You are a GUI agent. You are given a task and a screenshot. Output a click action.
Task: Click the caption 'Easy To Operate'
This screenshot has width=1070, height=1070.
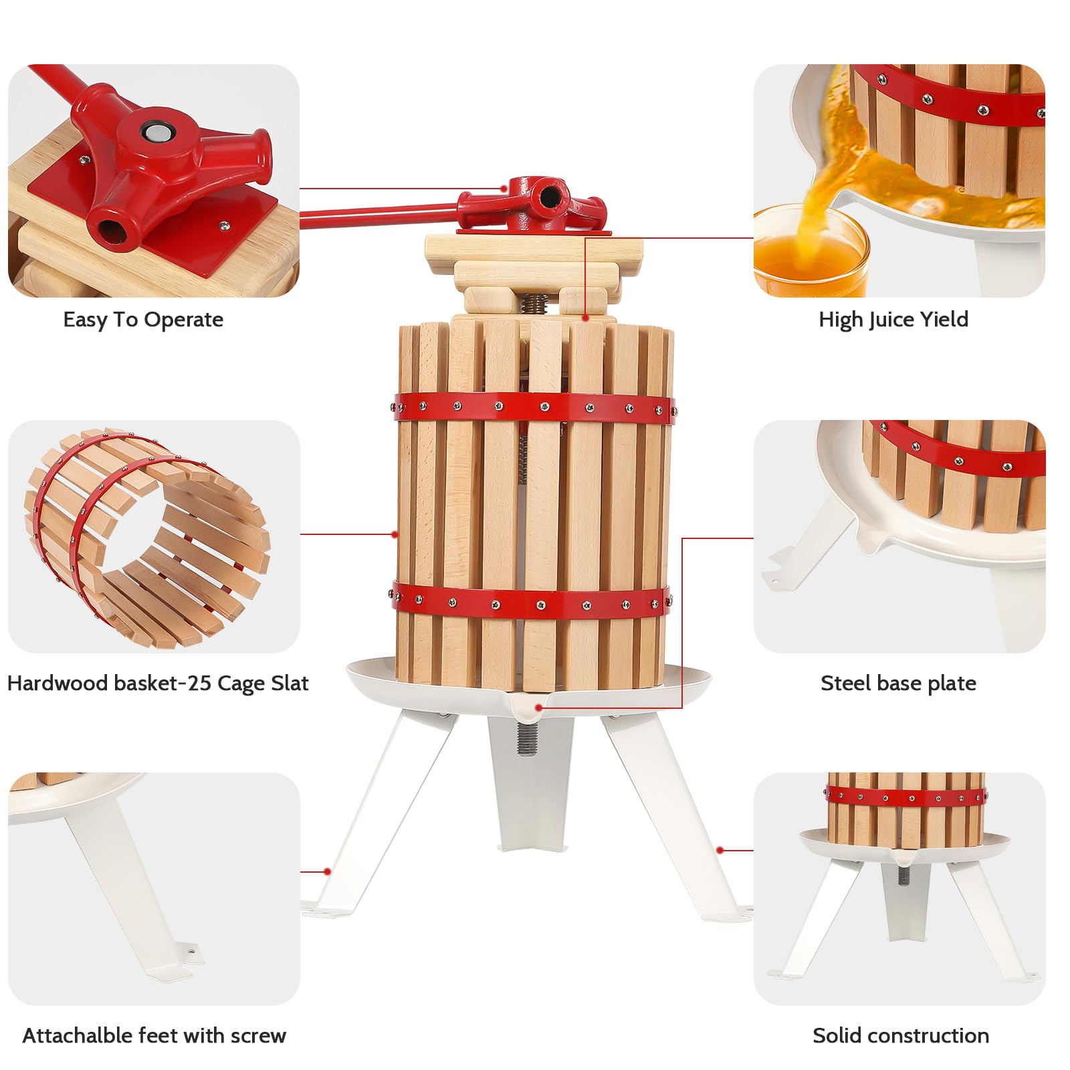coord(143,320)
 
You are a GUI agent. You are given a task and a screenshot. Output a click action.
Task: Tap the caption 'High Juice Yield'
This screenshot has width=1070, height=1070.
coord(893,320)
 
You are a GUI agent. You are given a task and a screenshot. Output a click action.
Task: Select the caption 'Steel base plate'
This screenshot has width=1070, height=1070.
coord(898,683)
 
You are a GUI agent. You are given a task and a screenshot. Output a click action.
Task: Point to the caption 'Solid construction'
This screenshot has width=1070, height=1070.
coord(901,1035)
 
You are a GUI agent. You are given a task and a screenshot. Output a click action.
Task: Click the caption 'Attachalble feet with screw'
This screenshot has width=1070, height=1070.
coord(154,1035)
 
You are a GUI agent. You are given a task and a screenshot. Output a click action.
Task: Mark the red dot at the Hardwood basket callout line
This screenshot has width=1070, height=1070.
coord(395,534)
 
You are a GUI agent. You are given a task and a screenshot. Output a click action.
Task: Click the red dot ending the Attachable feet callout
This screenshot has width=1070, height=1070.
coord(327,871)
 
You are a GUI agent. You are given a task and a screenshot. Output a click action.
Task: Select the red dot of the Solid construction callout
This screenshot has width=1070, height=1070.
coord(720,850)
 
